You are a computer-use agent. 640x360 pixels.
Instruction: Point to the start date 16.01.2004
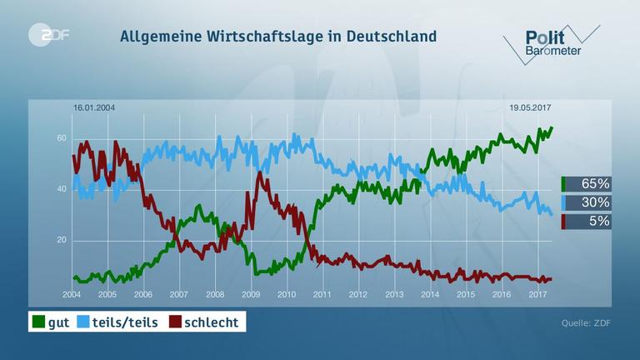click(x=94, y=108)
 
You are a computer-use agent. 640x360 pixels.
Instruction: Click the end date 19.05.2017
click(x=532, y=108)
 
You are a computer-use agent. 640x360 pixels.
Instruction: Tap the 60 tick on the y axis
click(x=61, y=137)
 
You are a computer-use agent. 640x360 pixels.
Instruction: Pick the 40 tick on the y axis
click(x=61, y=189)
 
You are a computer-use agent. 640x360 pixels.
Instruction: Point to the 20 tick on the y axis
click(x=61, y=241)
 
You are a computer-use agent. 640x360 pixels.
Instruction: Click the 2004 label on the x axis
click(x=72, y=295)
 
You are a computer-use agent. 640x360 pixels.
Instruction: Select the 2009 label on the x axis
click(x=251, y=295)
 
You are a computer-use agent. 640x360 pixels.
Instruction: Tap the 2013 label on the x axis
click(x=393, y=295)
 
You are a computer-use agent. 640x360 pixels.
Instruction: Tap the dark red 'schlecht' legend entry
click(x=203, y=322)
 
